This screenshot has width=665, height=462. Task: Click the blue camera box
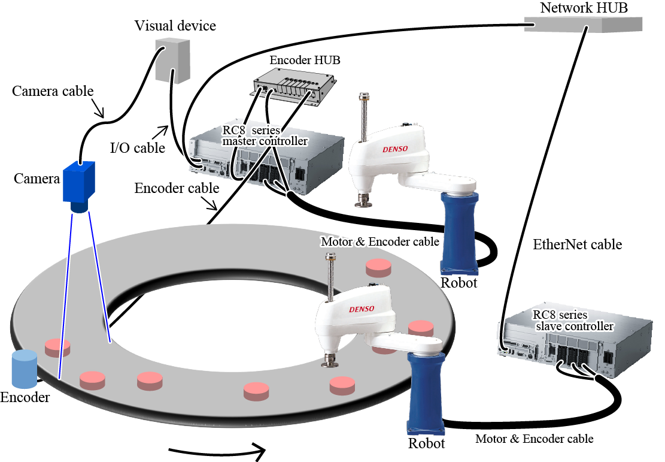click(x=79, y=182)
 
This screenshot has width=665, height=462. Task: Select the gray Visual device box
click(x=172, y=59)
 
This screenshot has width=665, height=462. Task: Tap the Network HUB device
click(x=584, y=24)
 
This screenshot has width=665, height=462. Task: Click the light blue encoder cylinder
click(x=25, y=368)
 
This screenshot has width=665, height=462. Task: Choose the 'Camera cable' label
click(x=53, y=91)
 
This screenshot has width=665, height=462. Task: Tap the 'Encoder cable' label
click(x=177, y=188)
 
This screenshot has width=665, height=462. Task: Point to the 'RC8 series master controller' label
click(x=265, y=136)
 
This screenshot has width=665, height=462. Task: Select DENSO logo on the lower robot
click(x=362, y=309)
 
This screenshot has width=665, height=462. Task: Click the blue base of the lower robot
click(x=425, y=392)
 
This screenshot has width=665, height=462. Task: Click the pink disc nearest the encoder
click(x=57, y=346)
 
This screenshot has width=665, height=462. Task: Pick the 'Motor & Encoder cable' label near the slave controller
click(x=534, y=439)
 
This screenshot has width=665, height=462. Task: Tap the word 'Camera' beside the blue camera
click(x=37, y=178)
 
